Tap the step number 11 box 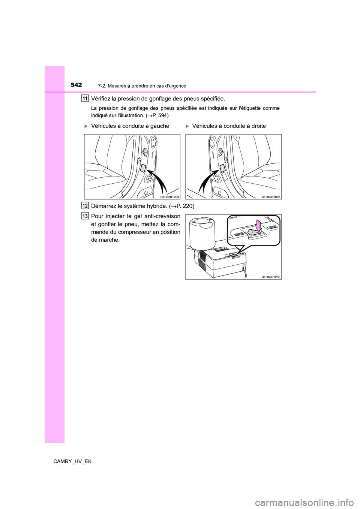85,99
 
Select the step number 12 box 85,205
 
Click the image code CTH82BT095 271,196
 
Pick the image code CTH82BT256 271,276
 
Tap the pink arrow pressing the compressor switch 258,226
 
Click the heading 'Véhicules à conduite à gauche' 130,126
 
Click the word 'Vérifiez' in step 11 102,99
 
